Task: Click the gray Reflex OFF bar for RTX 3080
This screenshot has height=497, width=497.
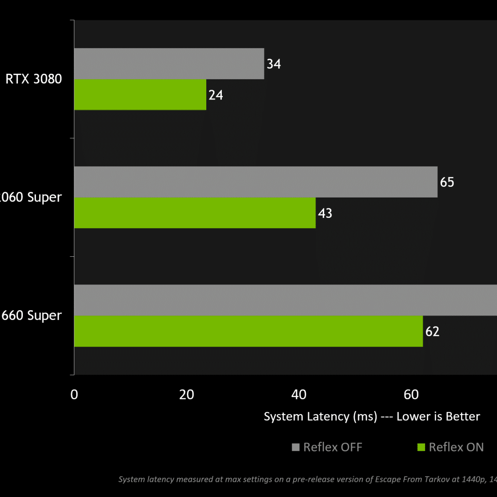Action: point(169,64)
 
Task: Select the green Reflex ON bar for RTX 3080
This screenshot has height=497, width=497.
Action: point(140,95)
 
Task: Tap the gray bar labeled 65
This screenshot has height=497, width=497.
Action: point(255,182)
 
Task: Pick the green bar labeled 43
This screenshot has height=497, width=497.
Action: point(195,213)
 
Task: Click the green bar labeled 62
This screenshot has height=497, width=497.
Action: point(248,331)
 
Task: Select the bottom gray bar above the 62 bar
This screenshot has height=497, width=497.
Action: point(285,300)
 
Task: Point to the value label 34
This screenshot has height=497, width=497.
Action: point(274,64)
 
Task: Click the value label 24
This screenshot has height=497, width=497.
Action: point(215,95)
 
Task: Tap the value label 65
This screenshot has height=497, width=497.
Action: point(447,182)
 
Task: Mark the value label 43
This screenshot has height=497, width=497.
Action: point(325,213)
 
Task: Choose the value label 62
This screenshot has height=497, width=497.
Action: point(432,331)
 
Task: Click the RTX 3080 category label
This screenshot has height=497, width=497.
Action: point(34,79)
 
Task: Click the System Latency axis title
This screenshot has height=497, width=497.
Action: point(372,416)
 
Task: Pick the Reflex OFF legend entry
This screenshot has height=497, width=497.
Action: point(327,447)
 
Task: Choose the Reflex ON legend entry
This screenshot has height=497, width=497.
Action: point(451,447)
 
